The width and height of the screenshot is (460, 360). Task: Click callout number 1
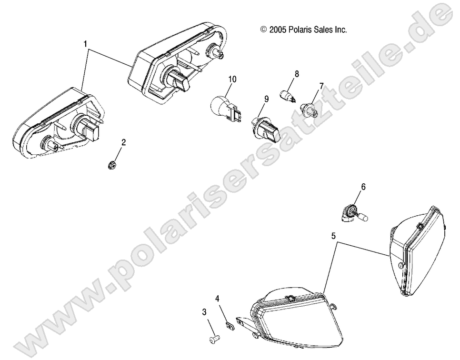click(85, 44)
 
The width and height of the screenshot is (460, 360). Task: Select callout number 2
click(123, 142)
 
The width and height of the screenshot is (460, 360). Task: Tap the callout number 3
click(204, 312)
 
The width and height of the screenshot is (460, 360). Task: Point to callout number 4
click(217, 299)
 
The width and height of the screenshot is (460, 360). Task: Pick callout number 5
click(333, 235)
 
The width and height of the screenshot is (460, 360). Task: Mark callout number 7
click(321, 86)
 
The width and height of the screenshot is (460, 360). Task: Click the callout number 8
click(297, 74)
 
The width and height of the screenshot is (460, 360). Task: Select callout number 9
click(266, 99)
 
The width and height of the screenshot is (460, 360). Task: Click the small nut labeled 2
click(110, 165)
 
